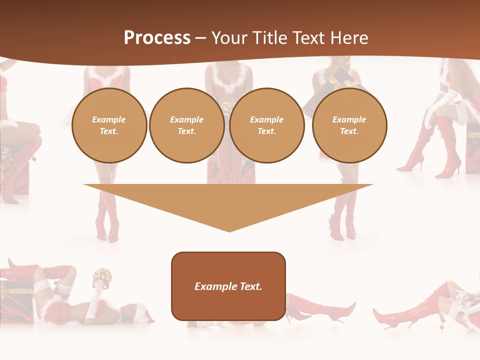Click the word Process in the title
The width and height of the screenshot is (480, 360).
coord(157,38)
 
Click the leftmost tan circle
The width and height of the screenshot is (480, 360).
coord(109,125)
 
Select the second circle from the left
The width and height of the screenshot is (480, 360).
coord(186,125)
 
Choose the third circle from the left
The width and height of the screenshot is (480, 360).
coord(266,125)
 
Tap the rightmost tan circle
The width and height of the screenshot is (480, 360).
coord(349,125)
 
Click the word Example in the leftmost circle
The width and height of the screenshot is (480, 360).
coord(109,120)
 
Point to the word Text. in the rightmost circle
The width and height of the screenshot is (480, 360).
coord(349,131)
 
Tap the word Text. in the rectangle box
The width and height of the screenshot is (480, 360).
coord(250,286)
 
